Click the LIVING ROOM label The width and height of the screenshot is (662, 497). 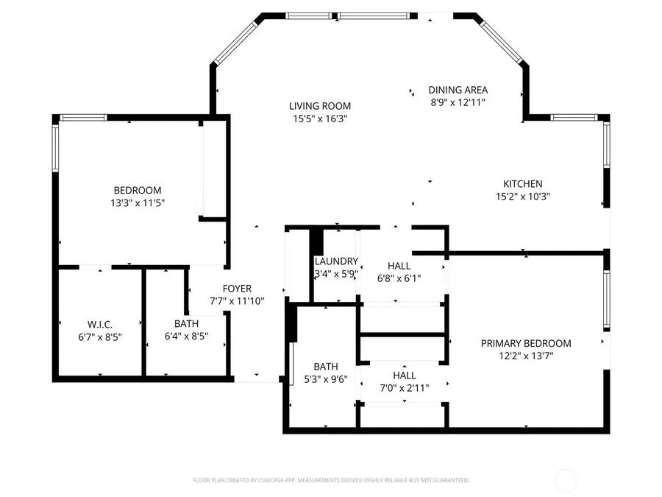[319, 106]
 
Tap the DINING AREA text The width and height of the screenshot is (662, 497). [458, 91]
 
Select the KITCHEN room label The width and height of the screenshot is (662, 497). [522, 184]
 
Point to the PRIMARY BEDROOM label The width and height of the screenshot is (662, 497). [525, 343]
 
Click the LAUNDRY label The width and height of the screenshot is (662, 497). [336, 261]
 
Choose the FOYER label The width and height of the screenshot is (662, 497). [237, 289]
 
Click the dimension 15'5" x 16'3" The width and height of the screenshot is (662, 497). [319, 118]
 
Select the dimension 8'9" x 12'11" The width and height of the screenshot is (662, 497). [458, 102]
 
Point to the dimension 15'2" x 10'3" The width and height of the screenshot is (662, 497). [522, 197]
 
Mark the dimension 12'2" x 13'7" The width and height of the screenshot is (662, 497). [525, 356]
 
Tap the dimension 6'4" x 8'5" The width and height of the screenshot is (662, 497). [186, 336]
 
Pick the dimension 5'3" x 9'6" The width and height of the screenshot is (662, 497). [325, 379]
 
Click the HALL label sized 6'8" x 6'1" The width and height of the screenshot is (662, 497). [399, 266]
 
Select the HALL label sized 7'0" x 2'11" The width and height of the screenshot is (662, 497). [404, 375]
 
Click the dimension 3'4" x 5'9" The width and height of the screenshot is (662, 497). [336, 274]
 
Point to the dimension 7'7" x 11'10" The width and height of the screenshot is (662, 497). [237, 301]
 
